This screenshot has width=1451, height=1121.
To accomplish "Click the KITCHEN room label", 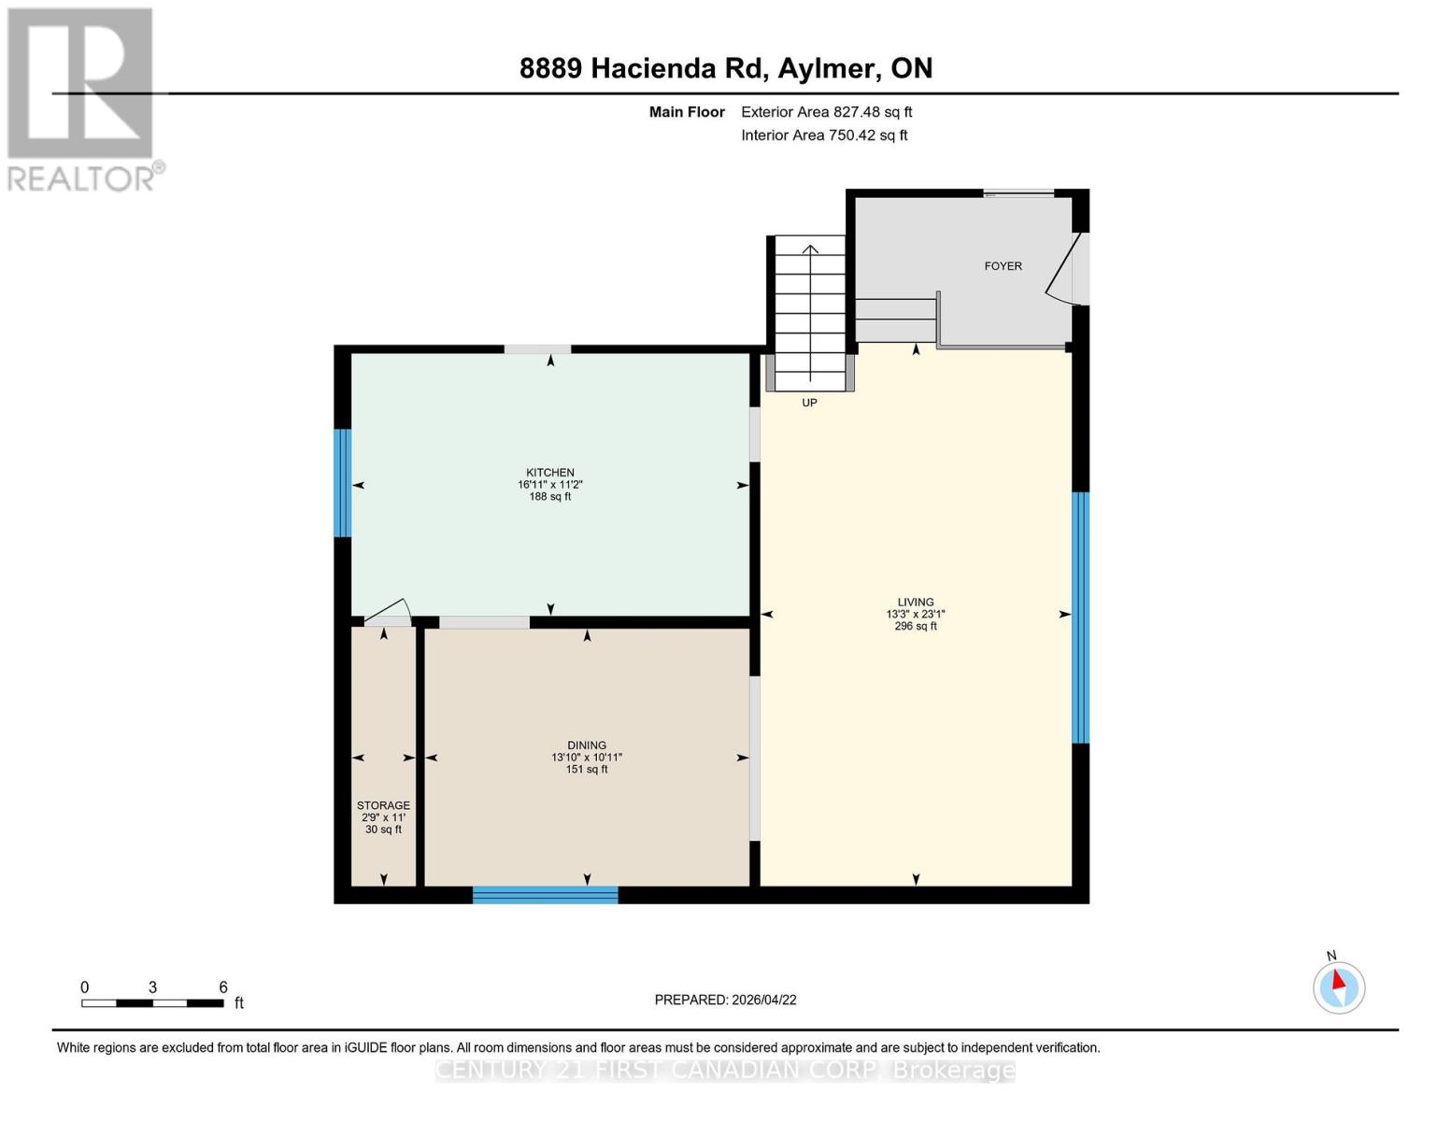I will click(549, 473).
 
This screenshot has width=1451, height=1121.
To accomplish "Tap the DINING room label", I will click(587, 745).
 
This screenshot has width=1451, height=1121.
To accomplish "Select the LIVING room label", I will click(916, 603).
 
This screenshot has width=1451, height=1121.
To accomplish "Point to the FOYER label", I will click(1003, 266).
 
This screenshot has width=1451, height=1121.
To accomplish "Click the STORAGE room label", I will click(383, 805).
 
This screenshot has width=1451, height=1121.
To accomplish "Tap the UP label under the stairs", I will click(809, 403).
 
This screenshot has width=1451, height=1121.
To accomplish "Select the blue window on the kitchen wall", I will click(343, 483).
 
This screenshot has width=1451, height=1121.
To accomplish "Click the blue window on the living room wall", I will click(1080, 617).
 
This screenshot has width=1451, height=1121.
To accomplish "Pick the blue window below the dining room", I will click(545, 895).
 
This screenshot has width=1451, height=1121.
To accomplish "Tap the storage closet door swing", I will click(388, 612).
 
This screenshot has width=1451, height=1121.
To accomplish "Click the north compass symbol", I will click(1339, 986).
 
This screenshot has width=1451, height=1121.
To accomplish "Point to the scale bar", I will click(152, 1003).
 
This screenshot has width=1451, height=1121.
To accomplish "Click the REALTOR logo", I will click(82, 98).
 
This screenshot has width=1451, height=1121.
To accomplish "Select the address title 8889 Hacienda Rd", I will click(725, 68).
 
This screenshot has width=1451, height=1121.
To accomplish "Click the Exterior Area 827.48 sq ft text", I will click(826, 112).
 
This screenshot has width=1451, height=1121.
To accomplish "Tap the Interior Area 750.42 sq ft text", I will click(824, 135).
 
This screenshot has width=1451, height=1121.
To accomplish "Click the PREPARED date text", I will click(725, 1000).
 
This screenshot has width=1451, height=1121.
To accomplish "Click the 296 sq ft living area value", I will click(916, 626).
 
